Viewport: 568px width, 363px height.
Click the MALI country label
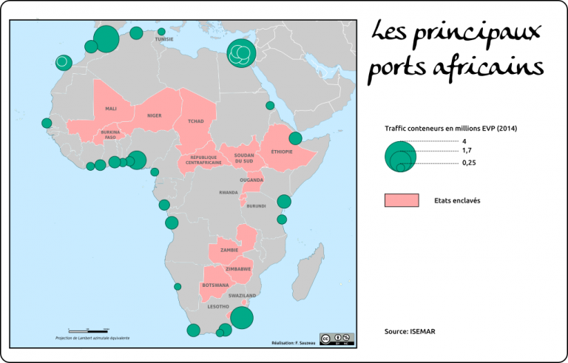[111, 109]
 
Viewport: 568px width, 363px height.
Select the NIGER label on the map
[155, 115]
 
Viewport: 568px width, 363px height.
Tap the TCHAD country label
[196, 121]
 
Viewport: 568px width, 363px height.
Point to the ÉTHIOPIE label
[283, 152]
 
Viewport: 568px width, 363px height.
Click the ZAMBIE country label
[229, 250]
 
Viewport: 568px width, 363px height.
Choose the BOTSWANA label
[215, 285]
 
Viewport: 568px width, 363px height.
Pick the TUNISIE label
[164, 39]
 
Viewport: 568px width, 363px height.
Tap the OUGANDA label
[251, 180]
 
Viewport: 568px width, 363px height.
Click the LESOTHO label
[218, 306]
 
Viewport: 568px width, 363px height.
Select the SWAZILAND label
[242, 295]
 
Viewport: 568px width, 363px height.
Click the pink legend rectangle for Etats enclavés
[402, 200]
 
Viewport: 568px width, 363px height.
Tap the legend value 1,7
[467, 150]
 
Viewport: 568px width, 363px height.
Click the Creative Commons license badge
[337, 339]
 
